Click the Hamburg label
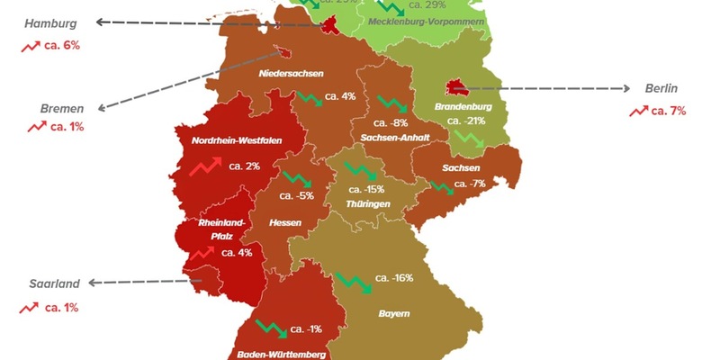pyautogui.click(x=51, y=22)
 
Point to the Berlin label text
pyautogui.click(x=661, y=88)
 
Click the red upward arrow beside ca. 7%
pyautogui.click(x=639, y=111)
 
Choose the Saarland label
pyautogui.click(x=55, y=283)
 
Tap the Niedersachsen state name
pyautogui.click(x=291, y=73)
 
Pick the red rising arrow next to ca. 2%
pyautogui.click(x=203, y=166)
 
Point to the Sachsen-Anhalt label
pyautogui.click(x=394, y=138)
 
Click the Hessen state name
pyautogui.click(x=284, y=221)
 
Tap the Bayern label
pyautogui.click(x=394, y=313)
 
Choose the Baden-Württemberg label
pyautogui.click(x=281, y=354)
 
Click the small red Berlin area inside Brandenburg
pyautogui.click(x=457, y=88)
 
